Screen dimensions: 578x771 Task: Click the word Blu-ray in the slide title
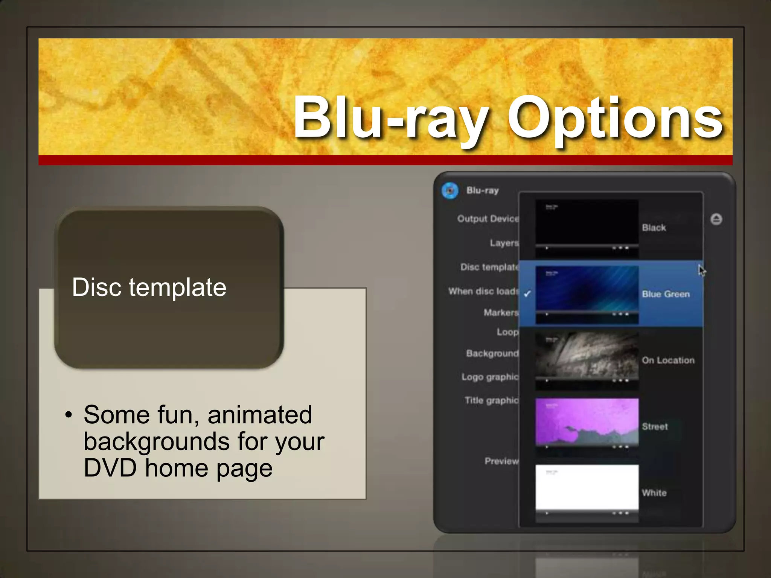pyautogui.click(x=392, y=119)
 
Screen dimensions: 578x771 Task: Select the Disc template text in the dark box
pyautogui.click(x=149, y=287)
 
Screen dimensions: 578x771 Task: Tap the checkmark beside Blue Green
pyautogui.click(x=527, y=294)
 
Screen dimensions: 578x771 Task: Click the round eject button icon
pyautogui.click(x=716, y=219)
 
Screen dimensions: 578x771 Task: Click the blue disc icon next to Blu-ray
pyautogui.click(x=450, y=190)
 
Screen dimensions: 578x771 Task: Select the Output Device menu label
pyautogui.click(x=488, y=219)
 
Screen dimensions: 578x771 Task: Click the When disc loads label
pyautogui.click(x=483, y=291)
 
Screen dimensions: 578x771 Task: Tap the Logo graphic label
pyautogui.click(x=490, y=377)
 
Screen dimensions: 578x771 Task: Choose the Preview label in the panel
pyautogui.click(x=501, y=461)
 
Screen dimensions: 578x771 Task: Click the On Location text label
pyautogui.click(x=668, y=360)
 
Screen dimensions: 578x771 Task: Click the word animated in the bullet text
pyautogui.click(x=260, y=415)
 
